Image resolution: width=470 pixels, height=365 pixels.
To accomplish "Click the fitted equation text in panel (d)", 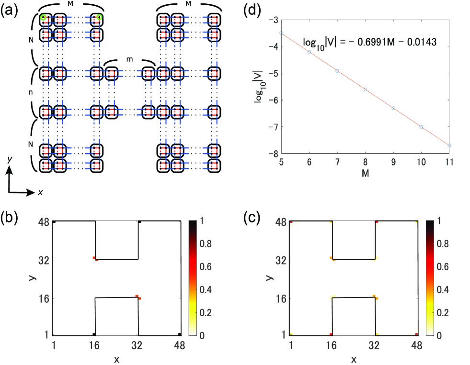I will (369, 42).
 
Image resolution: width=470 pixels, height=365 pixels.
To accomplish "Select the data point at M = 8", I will (365, 89).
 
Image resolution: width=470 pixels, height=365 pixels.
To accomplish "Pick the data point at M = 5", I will (281, 33).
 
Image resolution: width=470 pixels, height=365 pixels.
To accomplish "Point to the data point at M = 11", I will (449, 145).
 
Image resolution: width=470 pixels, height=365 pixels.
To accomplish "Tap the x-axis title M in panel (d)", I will (365, 171).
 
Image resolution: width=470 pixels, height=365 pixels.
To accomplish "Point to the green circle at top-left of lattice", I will (43, 18).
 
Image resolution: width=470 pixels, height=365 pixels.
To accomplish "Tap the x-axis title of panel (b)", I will (116, 359).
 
